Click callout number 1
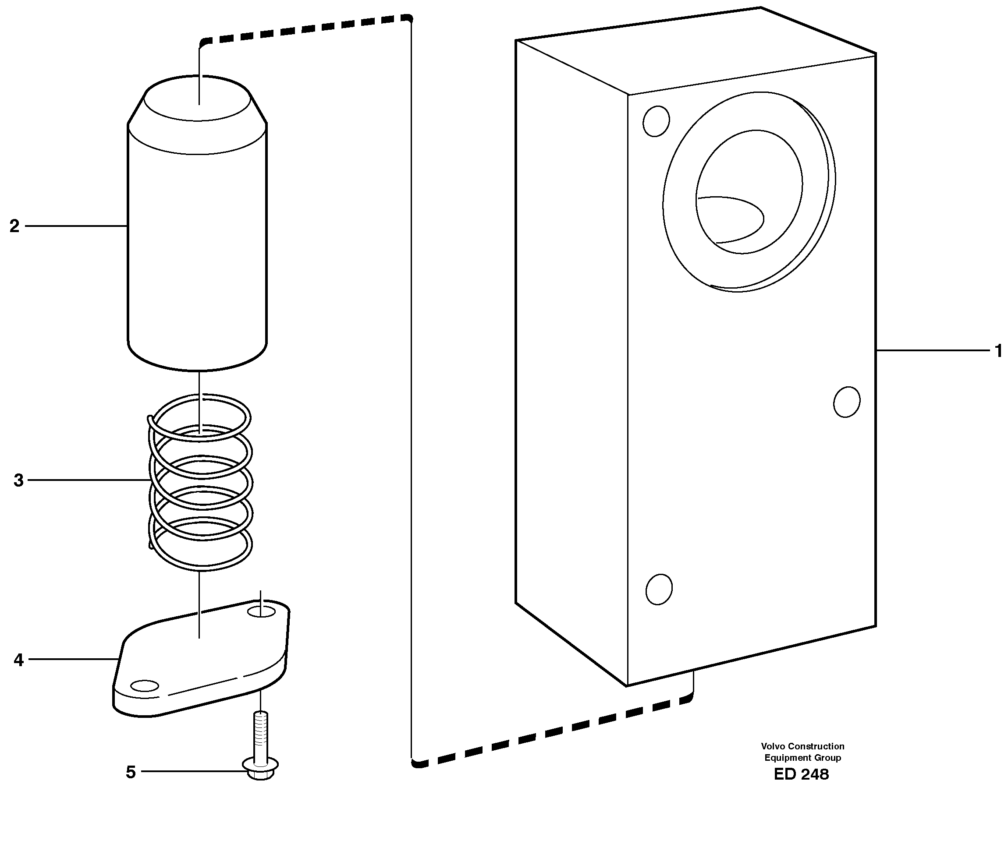998,351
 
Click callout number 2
14,226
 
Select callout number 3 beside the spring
18,480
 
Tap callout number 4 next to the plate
18,660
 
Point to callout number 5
130,772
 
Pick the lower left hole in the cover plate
145,686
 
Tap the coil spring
200,482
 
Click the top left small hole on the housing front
656,121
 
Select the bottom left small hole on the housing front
659,589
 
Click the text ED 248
801,774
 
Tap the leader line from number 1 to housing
932,350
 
